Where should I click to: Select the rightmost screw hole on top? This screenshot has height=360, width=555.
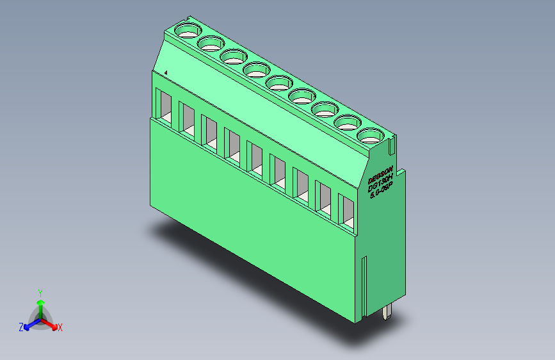tap(369, 135)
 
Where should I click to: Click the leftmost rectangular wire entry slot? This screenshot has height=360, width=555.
tap(164, 105)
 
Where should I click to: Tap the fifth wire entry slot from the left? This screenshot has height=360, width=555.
tap(255, 159)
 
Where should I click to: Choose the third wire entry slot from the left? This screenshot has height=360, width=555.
tap(209, 131)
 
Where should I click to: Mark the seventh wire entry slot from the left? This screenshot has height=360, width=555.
tap(301, 185)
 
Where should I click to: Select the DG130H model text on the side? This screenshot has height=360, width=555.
tap(382, 181)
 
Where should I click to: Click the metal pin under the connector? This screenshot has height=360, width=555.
tap(388, 313)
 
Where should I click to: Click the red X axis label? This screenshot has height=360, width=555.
tap(60, 327)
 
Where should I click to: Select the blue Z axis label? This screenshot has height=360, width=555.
tap(21, 327)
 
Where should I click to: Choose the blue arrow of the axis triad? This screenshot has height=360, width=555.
tap(29, 325)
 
